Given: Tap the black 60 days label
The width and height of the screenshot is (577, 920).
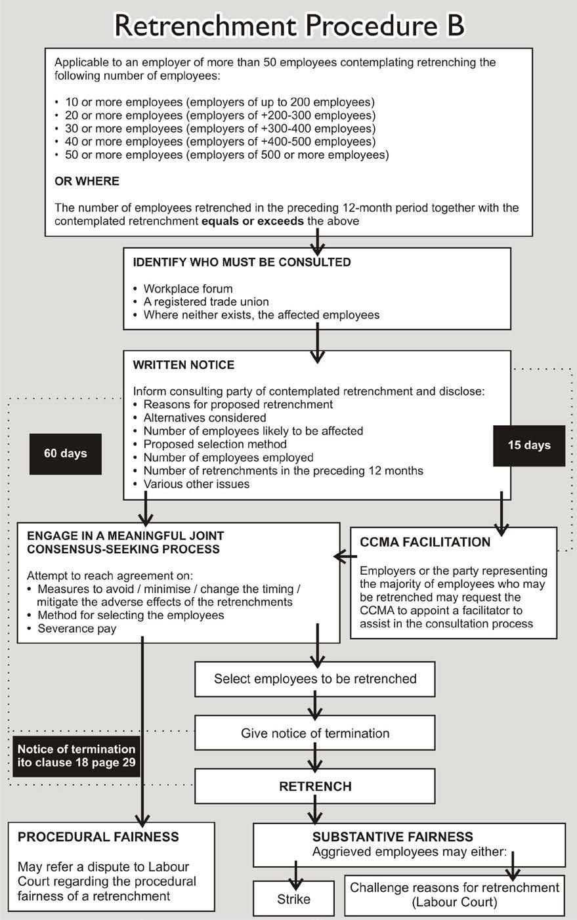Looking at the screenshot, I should point(65,453).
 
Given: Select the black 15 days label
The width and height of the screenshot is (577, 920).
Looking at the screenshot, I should point(529,445).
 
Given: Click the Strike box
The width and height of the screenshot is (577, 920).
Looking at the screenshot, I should point(293,899).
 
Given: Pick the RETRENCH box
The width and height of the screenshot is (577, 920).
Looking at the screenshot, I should point(315,786).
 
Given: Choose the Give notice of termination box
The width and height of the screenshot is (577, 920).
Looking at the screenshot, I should point(315,733).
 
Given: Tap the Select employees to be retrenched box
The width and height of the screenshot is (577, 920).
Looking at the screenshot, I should point(315,679).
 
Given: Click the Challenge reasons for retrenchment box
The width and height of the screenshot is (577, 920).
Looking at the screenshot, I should point(454,894).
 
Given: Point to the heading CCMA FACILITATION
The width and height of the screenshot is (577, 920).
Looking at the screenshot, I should point(425,542).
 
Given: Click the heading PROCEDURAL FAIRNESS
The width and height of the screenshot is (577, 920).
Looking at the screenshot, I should point(98,837).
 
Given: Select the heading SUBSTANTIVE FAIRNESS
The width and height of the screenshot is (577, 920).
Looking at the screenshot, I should point(393,837).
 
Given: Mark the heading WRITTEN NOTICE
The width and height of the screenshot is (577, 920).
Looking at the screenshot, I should point(183,365).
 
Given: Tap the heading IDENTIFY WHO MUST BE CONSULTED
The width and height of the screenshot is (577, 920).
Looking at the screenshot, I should point(242,262).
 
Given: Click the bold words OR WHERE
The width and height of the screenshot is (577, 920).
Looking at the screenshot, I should point(87,181).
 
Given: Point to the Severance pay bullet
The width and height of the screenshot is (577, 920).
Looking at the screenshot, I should point(77,629).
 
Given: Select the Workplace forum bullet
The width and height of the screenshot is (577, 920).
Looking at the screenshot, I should point(188,289).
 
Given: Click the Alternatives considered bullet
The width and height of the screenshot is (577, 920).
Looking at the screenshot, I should point(204,418).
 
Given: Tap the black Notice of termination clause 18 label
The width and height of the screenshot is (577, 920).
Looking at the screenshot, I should point(76,756).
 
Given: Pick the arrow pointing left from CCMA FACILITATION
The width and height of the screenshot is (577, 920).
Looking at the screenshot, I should point(345,557).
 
